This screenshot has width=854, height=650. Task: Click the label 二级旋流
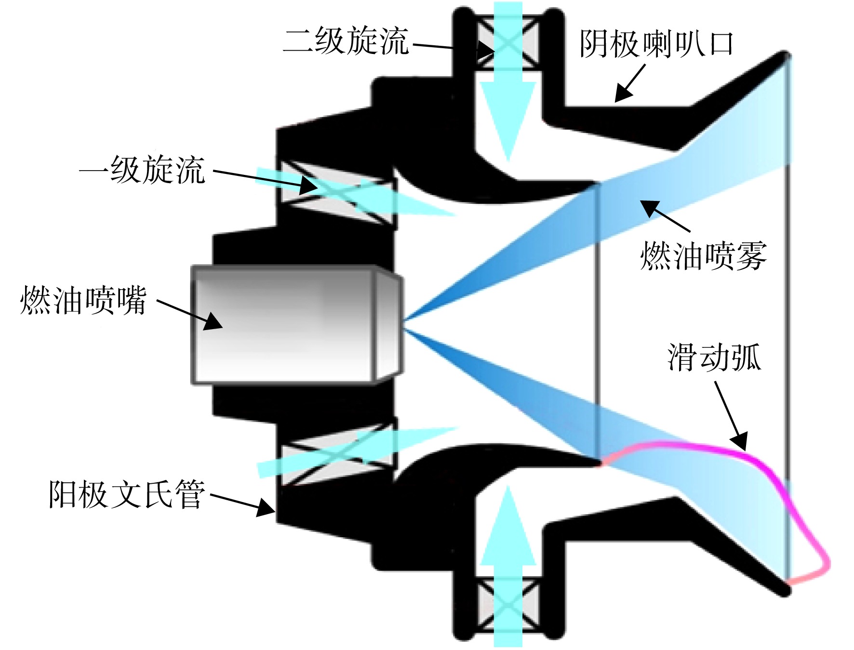pos(346,40)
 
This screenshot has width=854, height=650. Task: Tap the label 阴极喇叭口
pos(656,44)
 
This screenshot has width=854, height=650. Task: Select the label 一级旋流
pos(143,170)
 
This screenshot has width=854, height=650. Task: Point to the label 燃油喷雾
pos(703,255)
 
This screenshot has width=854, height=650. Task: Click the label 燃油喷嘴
pos(83,301)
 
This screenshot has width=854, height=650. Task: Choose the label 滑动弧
pos(715,357)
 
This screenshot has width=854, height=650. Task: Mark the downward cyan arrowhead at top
pos(507,120)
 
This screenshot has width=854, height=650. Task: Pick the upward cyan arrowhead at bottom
pos(507,525)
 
